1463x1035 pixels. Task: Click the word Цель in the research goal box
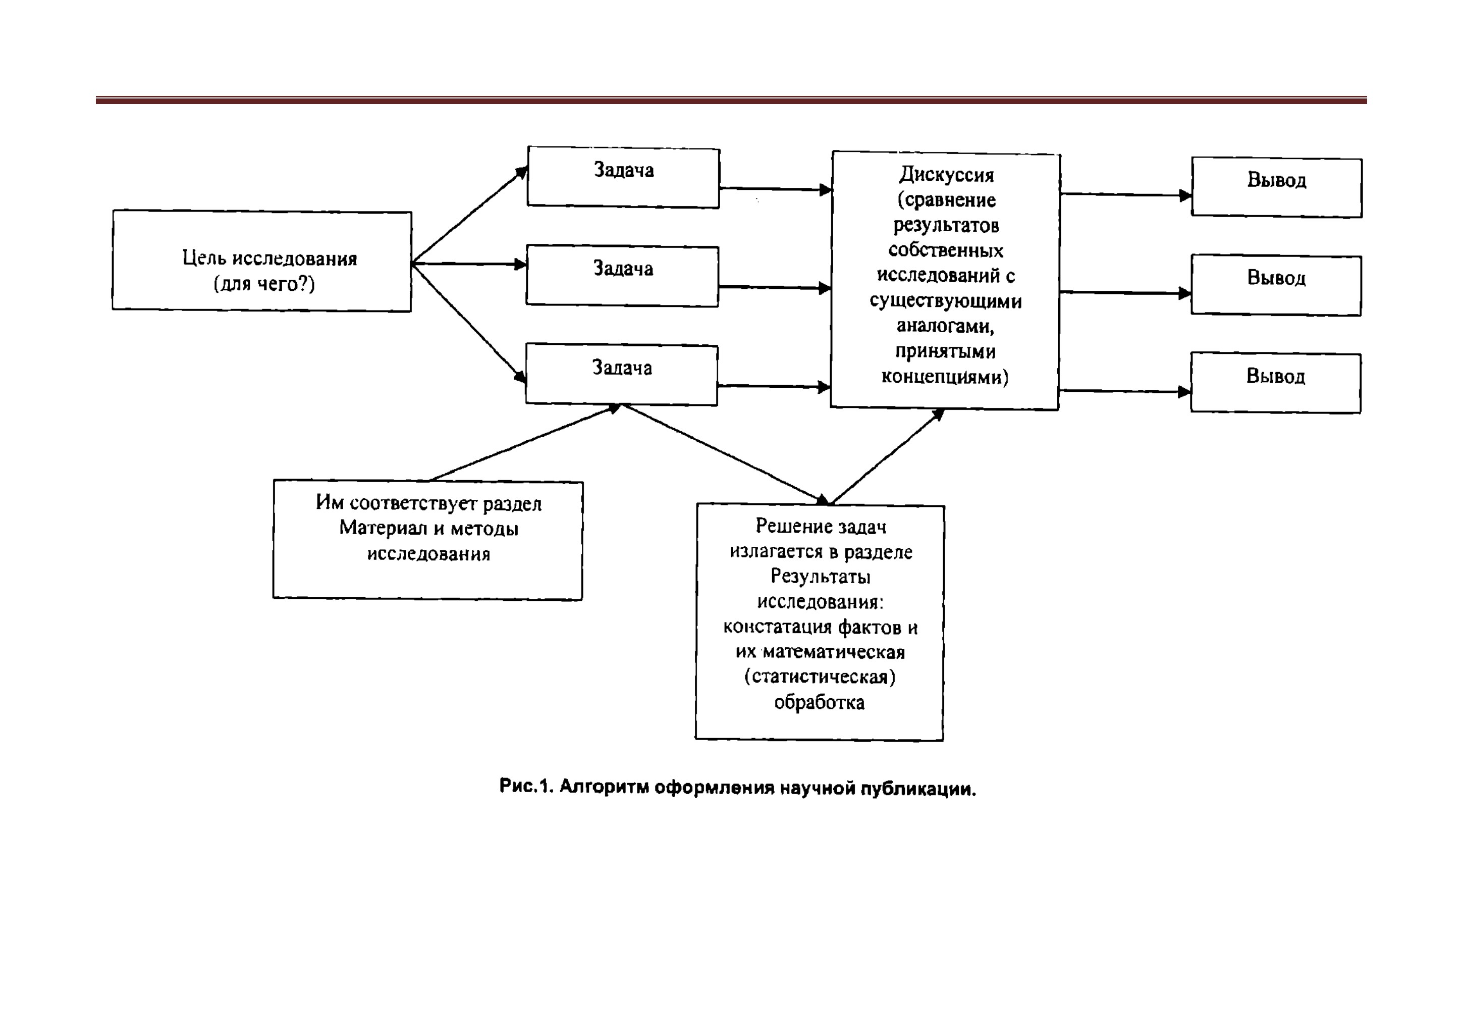point(204,258)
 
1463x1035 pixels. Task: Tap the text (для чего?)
point(264,284)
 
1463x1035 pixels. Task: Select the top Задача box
point(623,177)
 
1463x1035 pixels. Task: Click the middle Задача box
point(622,276)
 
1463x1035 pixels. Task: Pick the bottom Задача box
point(621,375)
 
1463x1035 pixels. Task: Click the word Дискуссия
point(946,175)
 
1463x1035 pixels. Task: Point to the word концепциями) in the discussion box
point(945,377)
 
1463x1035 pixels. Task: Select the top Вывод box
point(1277,188)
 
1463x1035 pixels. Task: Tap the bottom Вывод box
point(1276,383)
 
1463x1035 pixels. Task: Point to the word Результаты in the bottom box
point(821,577)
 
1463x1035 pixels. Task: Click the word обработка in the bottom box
point(820,703)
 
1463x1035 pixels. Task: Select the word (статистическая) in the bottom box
point(820,677)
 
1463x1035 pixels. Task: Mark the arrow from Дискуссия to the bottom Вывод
point(1125,391)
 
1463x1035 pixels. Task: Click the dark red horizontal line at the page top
point(732,100)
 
